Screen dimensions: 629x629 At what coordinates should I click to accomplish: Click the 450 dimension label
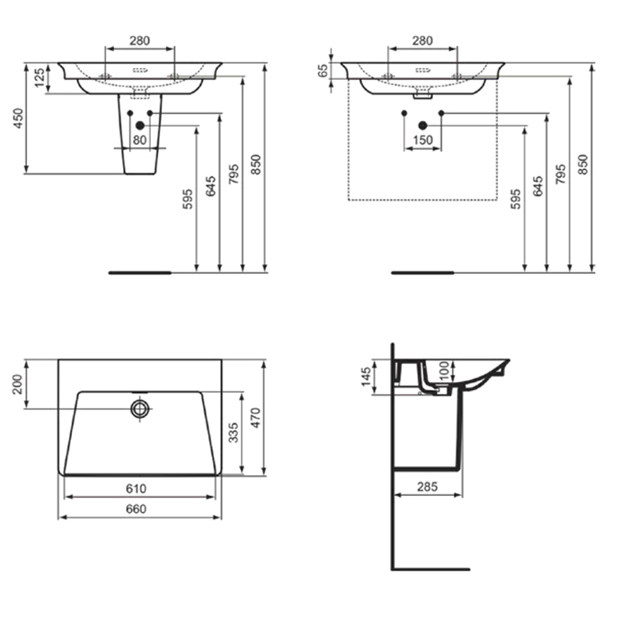19,119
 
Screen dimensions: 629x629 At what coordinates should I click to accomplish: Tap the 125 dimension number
40,78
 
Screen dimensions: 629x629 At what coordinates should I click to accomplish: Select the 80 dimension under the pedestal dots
139,140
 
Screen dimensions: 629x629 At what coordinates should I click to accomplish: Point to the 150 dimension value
423,140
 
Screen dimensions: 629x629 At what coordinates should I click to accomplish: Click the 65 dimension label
322,70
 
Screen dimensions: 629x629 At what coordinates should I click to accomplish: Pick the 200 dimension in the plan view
19,385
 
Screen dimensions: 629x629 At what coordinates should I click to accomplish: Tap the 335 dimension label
234,432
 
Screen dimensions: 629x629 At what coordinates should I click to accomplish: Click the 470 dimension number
255,418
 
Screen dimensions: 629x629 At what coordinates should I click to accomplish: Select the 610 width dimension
137,489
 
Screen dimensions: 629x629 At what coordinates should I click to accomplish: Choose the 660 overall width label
137,509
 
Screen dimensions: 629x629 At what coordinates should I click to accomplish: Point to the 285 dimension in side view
427,487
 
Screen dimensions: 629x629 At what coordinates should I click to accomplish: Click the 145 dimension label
367,377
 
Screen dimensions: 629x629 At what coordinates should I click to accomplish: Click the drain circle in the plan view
139,408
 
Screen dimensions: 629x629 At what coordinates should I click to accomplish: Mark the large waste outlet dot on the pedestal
139,126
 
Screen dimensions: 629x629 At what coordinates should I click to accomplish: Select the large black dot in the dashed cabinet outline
422,126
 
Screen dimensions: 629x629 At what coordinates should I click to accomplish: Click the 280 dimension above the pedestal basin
139,40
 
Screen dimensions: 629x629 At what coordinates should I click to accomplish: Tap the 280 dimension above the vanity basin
423,40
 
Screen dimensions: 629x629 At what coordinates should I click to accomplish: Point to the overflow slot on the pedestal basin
140,70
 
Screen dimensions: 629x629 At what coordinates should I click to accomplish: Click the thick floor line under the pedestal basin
140,273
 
